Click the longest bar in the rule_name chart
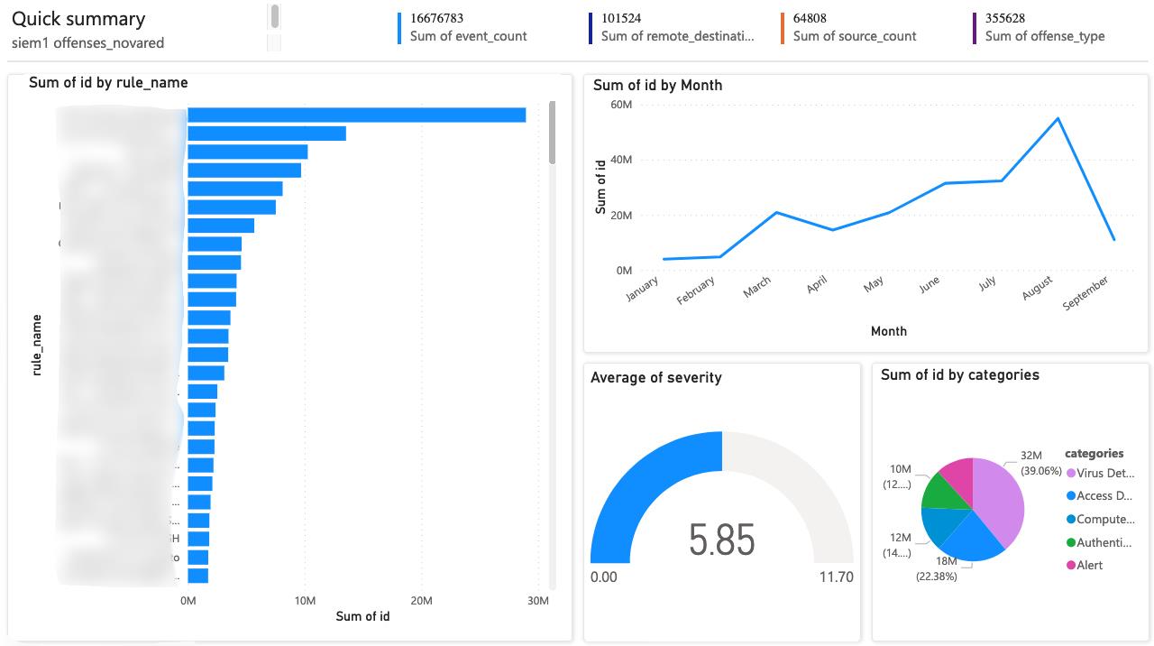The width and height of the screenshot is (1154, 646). (356, 115)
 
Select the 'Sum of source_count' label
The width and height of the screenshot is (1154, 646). (855, 36)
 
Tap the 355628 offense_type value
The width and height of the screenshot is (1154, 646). (1005, 18)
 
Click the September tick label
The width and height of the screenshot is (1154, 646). (1086, 292)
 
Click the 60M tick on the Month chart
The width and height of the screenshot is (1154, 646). (621, 105)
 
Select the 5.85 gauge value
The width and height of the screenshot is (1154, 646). (721, 540)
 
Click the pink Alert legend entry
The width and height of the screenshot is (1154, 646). (1089, 565)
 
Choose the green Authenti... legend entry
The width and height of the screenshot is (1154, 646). (1104, 542)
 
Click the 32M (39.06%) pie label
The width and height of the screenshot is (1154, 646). (1035, 464)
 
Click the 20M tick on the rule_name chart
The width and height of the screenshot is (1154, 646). (421, 601)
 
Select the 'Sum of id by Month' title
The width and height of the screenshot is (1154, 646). (657, 85)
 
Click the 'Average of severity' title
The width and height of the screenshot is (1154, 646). (655, 377)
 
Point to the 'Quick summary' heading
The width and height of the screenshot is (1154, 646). (78, 19)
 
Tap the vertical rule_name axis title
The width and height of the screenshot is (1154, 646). (37, 344)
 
